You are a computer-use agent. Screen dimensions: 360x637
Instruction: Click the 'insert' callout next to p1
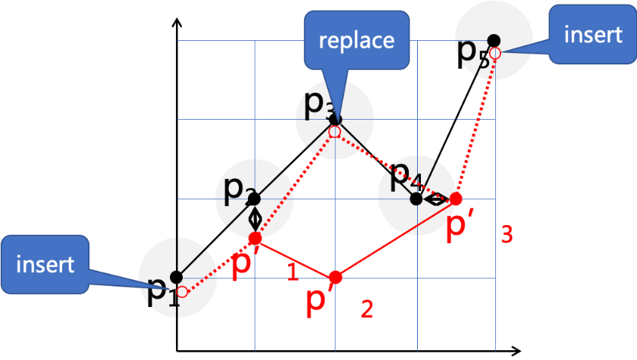45,265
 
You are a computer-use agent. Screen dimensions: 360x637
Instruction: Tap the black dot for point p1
175,277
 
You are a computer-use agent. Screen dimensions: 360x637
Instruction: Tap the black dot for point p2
254,199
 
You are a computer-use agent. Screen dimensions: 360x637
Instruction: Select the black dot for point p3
334,120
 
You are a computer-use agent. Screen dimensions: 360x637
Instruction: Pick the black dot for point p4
416,199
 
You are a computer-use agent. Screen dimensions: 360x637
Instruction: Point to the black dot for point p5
493,39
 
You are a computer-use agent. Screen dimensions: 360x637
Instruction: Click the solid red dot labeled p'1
255,238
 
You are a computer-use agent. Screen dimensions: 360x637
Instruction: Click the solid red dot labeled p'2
336,277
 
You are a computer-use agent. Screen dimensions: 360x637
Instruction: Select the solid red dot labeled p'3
456,199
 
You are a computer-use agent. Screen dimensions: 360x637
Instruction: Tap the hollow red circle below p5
494,53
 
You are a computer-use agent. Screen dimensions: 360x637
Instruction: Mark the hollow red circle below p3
334,132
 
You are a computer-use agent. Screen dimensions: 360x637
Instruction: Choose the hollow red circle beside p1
182,290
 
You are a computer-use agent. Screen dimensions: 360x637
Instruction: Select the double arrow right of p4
436,199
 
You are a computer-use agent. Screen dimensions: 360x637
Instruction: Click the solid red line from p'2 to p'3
394,238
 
